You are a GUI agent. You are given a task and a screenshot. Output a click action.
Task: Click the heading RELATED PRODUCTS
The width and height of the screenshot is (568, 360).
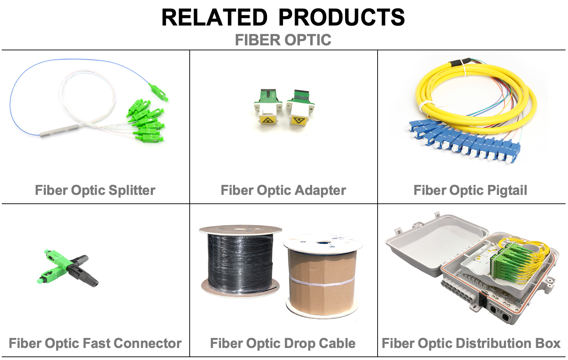(x=283, y=17)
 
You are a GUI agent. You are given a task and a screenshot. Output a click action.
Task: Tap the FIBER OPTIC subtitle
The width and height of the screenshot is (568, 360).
(x=283, y=40)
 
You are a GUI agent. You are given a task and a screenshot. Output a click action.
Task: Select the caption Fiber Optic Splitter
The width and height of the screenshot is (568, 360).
(x=95, y=190)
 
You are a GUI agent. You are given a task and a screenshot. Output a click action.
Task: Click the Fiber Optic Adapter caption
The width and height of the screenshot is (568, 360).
(x=283, y=190)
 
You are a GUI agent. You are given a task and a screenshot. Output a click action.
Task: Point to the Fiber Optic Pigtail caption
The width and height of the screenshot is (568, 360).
(x=470, y=190)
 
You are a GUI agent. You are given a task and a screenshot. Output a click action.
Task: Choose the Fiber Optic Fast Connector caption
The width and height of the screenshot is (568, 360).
(x=95, y=343)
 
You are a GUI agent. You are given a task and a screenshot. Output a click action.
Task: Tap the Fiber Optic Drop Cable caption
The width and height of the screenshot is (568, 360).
(x=283, y=344)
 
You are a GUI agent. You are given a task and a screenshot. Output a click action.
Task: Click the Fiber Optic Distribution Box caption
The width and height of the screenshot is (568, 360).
(x=471, y=344)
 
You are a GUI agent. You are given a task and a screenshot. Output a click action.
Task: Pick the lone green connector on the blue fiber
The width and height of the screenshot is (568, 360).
(x=159, y=92)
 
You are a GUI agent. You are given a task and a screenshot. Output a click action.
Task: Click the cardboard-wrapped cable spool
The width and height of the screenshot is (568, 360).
(x=323, y=276)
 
